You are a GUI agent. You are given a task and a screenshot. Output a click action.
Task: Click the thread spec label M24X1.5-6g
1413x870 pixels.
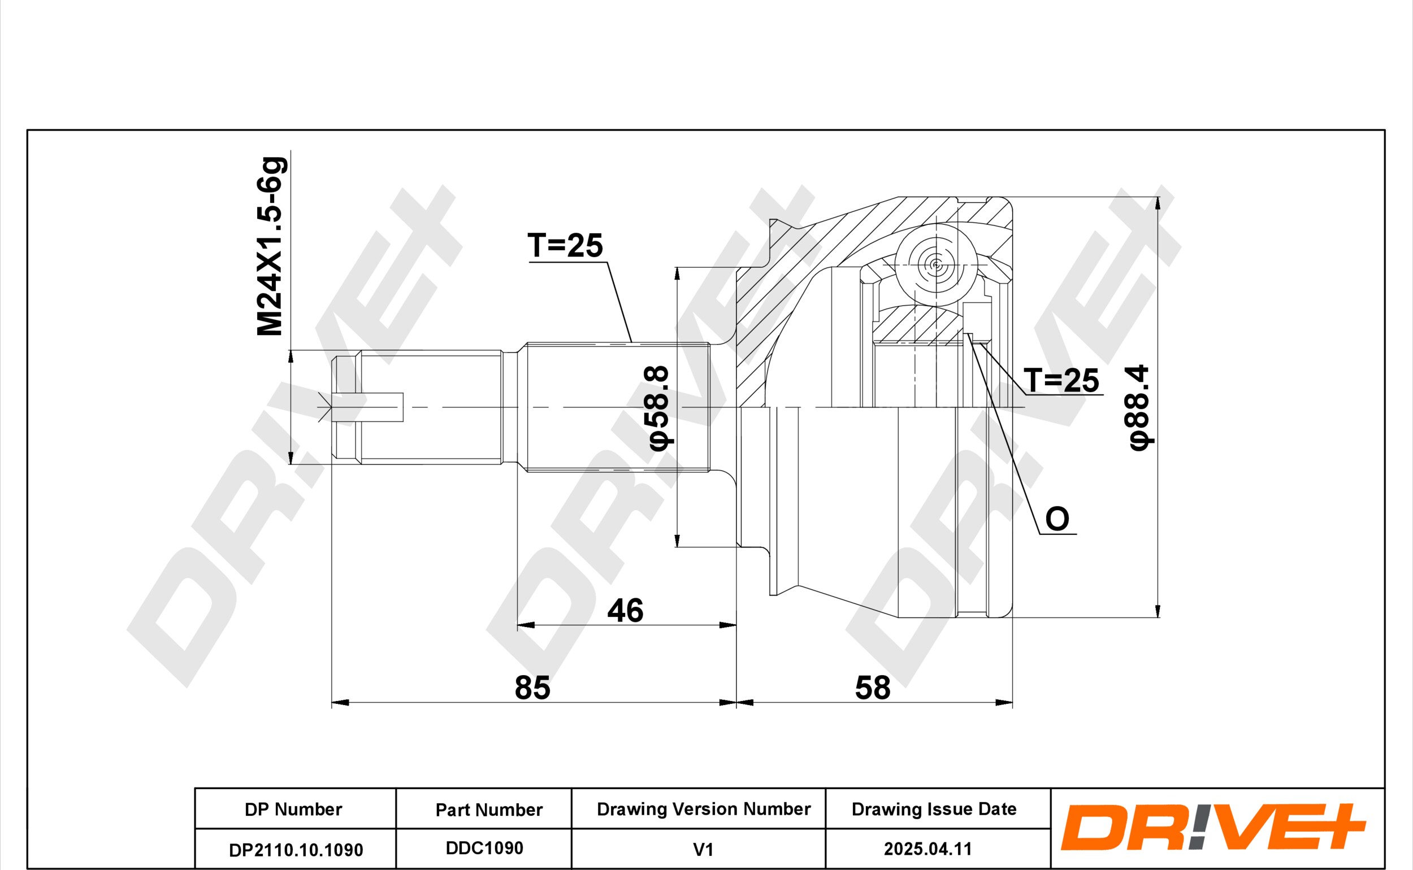coord(271,246)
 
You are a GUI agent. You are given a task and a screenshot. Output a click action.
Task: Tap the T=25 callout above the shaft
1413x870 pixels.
coord(565,246)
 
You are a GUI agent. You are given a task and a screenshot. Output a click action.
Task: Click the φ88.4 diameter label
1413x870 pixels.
coord(1138,407)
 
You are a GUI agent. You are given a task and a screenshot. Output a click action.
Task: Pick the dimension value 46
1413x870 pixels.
coord(625,611)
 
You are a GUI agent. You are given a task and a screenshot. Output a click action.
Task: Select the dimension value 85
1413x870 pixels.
coord(532,688)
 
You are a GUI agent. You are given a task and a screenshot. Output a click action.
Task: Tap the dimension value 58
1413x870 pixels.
coord(873,688)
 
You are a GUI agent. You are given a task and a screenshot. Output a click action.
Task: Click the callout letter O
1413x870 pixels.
coord(1057,519)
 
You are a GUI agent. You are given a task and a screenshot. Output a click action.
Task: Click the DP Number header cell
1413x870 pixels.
coord(293,810)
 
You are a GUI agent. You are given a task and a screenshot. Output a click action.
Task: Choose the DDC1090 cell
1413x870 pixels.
coord(484,848)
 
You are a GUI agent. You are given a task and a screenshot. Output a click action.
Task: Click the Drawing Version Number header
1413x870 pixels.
coord(703,809)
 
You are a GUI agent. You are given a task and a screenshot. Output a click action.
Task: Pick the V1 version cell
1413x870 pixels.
coord(703,849)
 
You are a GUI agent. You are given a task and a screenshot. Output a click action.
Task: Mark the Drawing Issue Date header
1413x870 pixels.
coord(934,810)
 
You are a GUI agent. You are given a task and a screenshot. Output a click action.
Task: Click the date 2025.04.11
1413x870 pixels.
coord(928,849)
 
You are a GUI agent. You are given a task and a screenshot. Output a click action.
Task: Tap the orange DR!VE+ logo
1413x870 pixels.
coord(1213,828)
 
